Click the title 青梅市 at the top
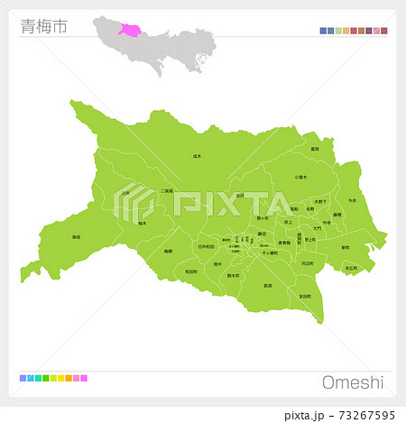coord(43,26)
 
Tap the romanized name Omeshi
coord(352,382)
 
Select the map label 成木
coord(198,156)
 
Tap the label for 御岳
coord(76,237)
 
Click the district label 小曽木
coord(300,177)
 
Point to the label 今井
coord(351,200)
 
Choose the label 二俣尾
coord(167,191)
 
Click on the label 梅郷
coord(168,252)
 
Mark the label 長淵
coord(267,285)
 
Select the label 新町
coord(345,247)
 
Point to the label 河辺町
coord(308,262)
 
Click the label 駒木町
coord(233,275)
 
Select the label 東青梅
coord(284,242)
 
